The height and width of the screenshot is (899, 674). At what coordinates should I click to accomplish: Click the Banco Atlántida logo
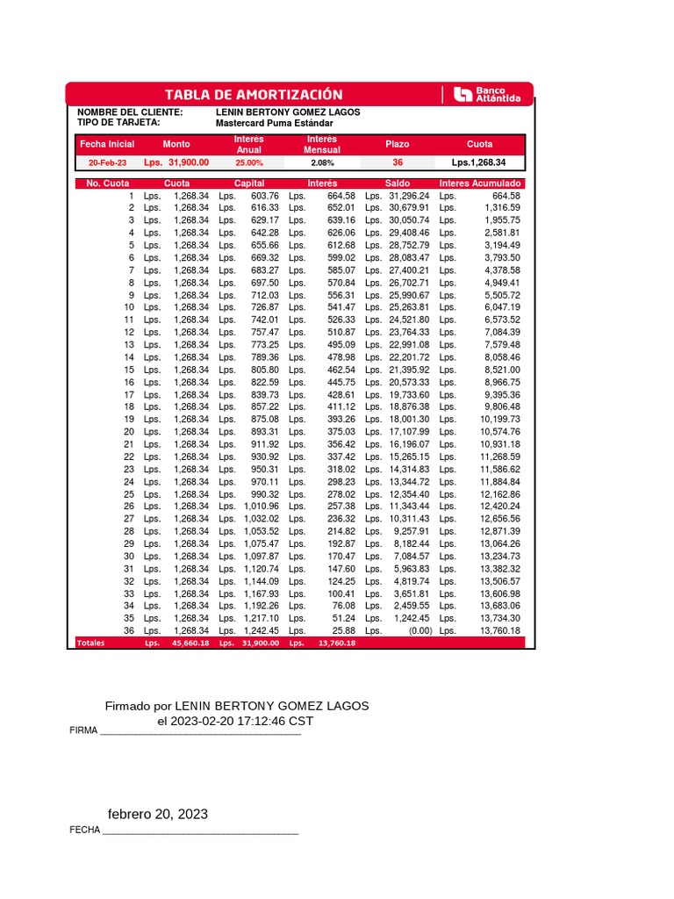click(x=487, y=95)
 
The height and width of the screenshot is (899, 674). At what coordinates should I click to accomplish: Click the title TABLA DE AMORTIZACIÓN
click(x=254, y=95)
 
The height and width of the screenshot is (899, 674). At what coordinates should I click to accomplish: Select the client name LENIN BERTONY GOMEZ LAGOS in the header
click(x=287, y=112)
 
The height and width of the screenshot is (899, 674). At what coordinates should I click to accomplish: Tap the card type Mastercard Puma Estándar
click(x=274, y=124)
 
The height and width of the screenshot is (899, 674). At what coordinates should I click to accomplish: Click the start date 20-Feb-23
click(x=107, y=162)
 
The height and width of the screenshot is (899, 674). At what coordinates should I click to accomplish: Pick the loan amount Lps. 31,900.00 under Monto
click(x=176, y=162)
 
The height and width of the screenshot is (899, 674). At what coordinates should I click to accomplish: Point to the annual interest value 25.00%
click(x=248, y=162)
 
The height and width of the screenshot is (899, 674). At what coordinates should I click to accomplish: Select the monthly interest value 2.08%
click(x=322, y=162)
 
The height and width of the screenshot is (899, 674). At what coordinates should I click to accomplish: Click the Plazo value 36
click(x=398, y=162)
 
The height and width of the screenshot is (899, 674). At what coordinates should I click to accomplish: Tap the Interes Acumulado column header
click(x=480, y=183)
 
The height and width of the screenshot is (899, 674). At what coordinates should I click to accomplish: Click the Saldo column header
click(x=398, y=183)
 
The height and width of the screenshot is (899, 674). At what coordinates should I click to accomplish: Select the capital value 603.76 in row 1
click(x=264, y=196)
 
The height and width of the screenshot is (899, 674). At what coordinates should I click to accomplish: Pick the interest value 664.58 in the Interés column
click(x=341, y=196)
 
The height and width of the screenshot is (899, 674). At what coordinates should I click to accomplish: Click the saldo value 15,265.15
click(x=410, y=457)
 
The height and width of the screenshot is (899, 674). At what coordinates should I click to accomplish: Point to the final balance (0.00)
click(x=416, y=630)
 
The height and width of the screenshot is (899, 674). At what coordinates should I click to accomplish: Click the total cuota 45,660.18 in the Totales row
click(x=190, y=644)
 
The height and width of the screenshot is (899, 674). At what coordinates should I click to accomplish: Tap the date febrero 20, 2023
click(x=158, y=814)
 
